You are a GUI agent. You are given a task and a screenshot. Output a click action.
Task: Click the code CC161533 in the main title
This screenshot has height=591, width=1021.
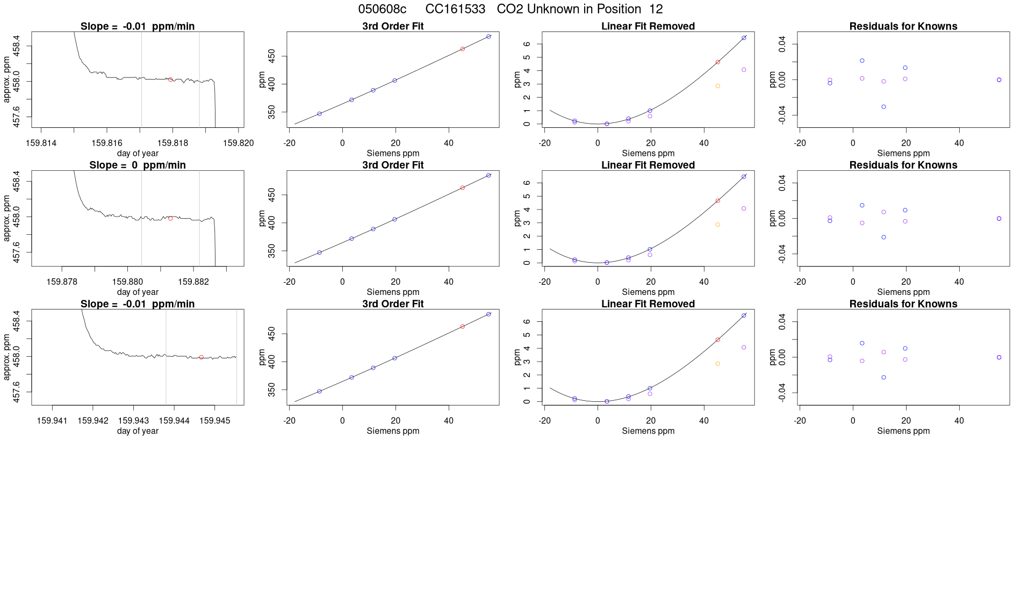click(x=455, y=9)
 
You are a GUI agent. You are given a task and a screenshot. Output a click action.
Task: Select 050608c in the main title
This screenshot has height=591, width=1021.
click(x=382, y=9)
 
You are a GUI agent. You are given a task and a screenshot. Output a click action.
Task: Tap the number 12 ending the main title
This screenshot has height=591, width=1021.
click(x=656, y=9)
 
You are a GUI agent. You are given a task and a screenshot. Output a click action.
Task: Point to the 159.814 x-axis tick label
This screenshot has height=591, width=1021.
click(x=41, y=143)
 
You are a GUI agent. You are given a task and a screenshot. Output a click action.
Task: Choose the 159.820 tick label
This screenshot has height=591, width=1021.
click(x=239, y=143)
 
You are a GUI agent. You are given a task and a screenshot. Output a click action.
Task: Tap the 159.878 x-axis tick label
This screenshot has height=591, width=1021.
click(x=62, y=282)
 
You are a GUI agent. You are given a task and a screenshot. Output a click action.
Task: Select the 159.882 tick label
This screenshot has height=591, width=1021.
click(x=193, y=282)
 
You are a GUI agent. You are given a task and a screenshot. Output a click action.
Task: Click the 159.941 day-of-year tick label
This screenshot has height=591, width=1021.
click(x=52, y=421)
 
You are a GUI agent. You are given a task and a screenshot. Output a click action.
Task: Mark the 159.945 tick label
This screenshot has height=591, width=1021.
click(x=215, y=421)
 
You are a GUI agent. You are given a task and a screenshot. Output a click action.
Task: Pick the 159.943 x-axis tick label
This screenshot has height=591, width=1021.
click(x=133, y=421)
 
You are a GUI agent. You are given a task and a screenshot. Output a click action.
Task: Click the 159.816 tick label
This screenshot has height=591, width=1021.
click(x=107, y=143)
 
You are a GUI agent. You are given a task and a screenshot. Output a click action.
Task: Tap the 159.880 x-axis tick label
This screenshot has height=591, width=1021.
click(x=127, y=282)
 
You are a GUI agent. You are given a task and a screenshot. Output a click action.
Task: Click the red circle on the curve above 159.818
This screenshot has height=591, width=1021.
click(x=171, y=80)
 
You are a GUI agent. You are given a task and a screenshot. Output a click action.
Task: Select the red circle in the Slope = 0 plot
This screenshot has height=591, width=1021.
click(x=171, y=218)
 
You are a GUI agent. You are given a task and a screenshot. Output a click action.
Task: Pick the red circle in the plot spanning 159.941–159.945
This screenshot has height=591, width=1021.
click(x=202, y=357)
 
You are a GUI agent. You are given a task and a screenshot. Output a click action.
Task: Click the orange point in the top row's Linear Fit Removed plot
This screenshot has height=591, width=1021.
click(x=717, y=86)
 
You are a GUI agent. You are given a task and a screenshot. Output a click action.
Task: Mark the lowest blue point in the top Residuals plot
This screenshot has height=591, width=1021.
click(x=883, y=107)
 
